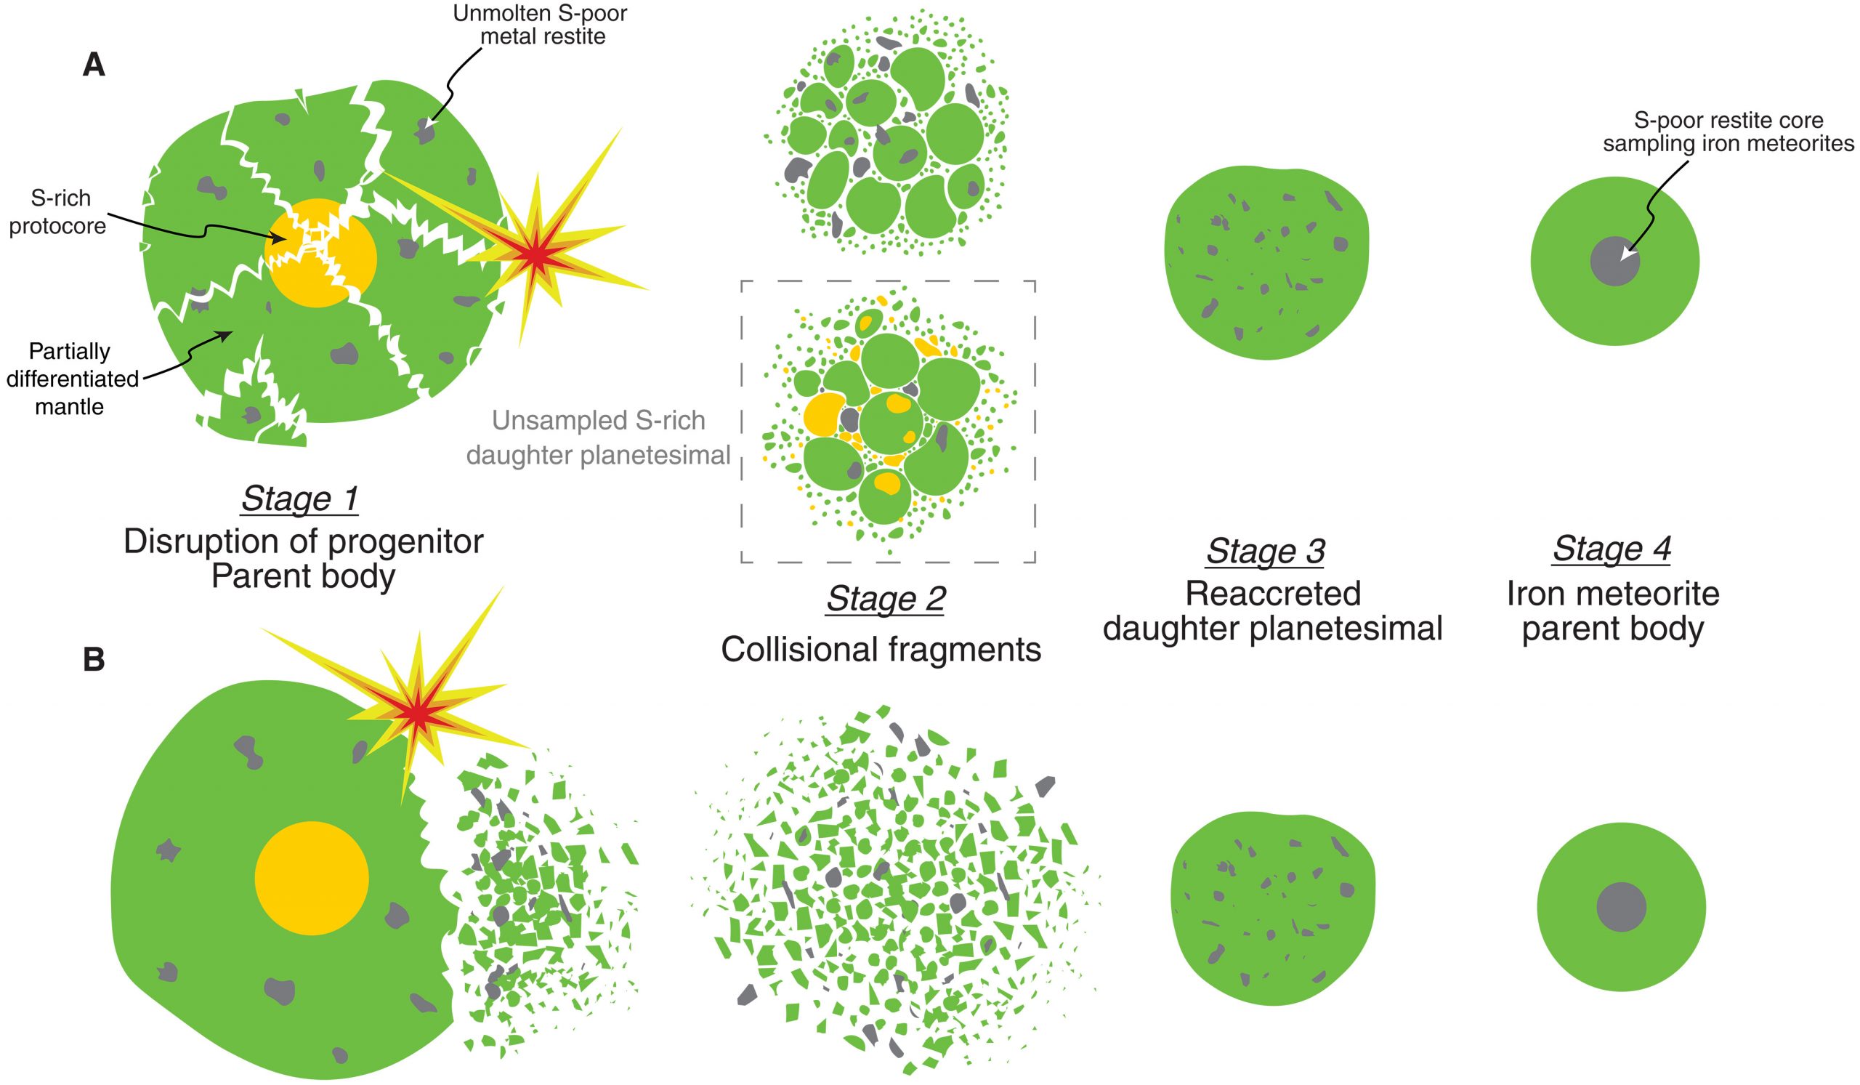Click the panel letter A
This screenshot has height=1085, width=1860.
[x=94, y=66]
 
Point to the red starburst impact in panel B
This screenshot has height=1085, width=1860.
[x=418, y=714]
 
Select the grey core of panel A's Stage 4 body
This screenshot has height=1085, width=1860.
[x=1614, y=262]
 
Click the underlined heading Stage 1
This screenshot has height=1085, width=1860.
[x=299, y=499]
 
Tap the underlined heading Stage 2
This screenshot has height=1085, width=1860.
[x=886, y=600]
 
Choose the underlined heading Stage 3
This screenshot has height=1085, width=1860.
[x=1265, y=551]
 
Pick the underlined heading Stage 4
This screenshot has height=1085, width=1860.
[x=1612, y=549]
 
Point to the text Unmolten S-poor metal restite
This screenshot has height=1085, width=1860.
[x=541, y=25]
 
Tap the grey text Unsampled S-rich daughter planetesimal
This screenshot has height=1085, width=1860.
[x=598, y=437]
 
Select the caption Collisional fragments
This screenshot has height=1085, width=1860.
[x=881, y=650]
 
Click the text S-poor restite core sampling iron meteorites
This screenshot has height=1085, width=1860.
[x=1727, y=132]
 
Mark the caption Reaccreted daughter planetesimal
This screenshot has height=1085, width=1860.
[x=1272, y=611]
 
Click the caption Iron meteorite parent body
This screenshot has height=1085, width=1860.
[x=1613, y=611]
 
